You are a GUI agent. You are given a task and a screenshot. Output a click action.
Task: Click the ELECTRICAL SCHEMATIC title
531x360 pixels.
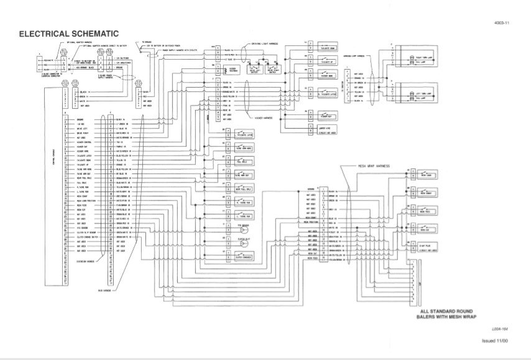click(x=69, y=33)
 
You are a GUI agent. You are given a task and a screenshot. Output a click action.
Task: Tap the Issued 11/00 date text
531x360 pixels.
click(x=495, y=341)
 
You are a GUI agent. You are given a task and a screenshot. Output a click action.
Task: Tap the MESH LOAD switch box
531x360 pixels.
click(x=429, y=176)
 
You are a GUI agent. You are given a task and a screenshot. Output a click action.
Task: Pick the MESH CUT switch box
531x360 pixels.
click(x=429, y=230)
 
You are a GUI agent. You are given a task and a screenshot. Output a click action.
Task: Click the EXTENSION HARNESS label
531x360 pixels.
click(x=89, y=261)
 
